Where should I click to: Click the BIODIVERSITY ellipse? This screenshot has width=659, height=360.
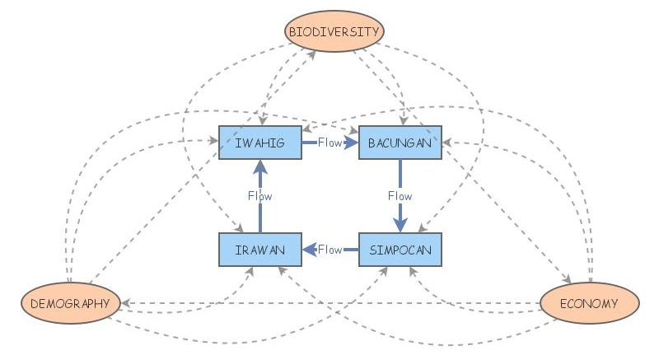(334, 32)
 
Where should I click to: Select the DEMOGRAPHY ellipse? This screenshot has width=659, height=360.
(70, 303)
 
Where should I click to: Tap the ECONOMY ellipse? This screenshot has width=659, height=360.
(589, 303)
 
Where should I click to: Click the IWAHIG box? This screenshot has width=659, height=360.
(259, 143)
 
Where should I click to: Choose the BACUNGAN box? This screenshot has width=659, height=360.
(400, 143)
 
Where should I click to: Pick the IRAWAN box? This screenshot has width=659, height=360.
(259, 250)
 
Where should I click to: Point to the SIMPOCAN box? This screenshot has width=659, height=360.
(400, 250)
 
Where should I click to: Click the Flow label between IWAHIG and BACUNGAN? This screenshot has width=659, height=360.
(329, 143)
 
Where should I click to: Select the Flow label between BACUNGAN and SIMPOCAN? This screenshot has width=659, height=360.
(400, 196)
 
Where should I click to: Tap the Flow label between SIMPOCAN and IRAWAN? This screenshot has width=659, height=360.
(330, 250)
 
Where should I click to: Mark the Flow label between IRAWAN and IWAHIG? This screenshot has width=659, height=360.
(259, 196)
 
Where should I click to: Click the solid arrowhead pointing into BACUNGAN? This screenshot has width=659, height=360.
(352, 143)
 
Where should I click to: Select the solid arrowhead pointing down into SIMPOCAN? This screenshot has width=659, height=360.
(400, 226)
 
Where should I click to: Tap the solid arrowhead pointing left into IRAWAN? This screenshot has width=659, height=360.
(309, 250)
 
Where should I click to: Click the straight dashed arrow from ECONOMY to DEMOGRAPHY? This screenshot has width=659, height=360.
(329, 303)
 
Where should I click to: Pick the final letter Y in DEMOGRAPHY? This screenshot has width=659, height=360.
(105, 304)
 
